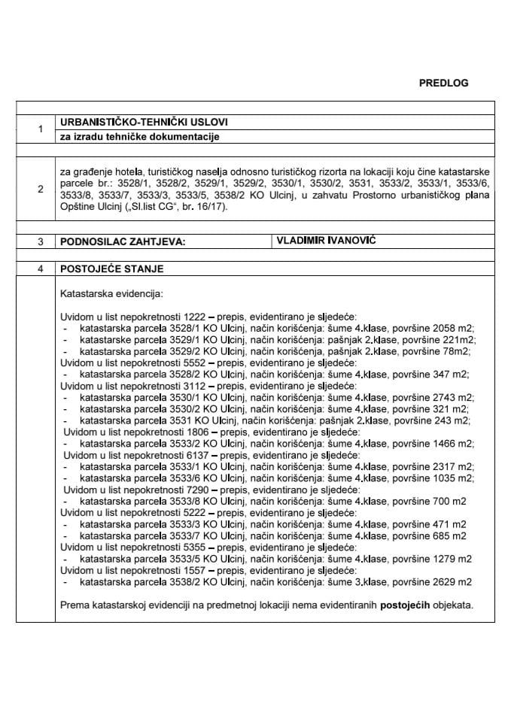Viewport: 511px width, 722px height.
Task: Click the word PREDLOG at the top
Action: (443, 83)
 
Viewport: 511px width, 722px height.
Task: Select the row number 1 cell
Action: (39, 129)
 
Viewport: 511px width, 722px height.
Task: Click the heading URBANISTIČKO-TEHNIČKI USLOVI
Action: (143, 122)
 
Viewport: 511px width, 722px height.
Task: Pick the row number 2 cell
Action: (39, 190)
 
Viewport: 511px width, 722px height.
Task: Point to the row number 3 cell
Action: (39, 241)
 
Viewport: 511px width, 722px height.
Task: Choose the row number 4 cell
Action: (39, 268)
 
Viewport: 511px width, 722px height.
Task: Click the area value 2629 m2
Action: (451, 581)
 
